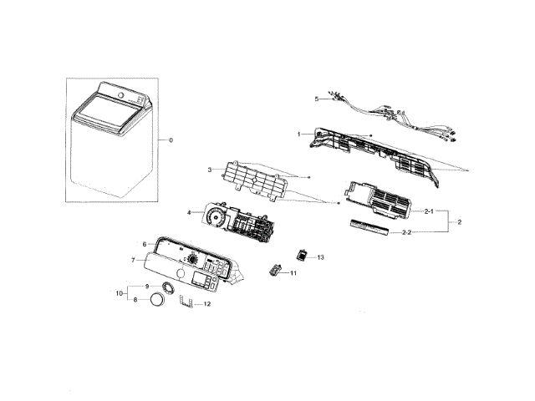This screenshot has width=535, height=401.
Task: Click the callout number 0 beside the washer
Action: coord(171,140)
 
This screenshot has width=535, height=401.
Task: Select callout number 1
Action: coord(298,134)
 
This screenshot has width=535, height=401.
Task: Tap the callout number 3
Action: coord(209,170)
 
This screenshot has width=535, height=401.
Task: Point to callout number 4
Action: coord(189,212)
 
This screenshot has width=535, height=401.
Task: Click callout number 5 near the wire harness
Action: coord(317,99)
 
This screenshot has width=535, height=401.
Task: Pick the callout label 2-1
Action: coord(428,212)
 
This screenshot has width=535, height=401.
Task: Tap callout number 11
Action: coord(293,273)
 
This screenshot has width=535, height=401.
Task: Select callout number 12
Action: coord(207,304)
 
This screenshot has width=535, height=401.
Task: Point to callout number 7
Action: coord(133,261)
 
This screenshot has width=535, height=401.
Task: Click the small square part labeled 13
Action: coord(303,255)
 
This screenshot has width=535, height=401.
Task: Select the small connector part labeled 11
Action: coord(274,270)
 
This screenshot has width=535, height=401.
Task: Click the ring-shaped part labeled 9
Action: coord(166,288)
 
